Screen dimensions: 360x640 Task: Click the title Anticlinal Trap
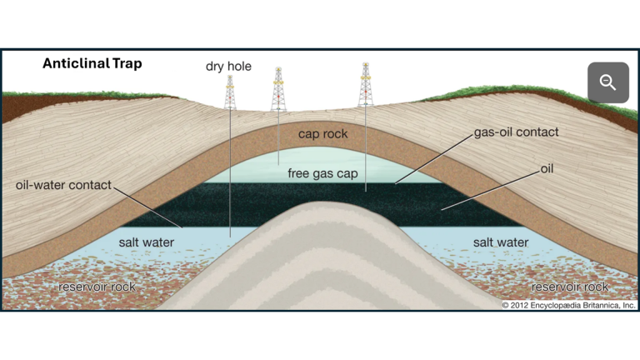click(x=92, y=63)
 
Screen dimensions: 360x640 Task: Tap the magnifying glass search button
click(x=607, y=82)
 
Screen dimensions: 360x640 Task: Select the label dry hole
click(x=228, y=67)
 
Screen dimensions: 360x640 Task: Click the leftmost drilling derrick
click(x=230, y=92)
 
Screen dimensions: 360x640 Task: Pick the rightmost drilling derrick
click(x=365, y=85)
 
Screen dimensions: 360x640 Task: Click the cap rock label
click(x=322, y=133)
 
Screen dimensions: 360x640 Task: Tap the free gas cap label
click(x=322, y=173)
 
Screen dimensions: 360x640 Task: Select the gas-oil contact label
click(x=516, y=132)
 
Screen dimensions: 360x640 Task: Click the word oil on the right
click(x=547, y=169)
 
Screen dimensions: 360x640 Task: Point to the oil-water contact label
click(x=63, y=184)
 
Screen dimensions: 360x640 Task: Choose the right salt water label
click(x=500, y=242)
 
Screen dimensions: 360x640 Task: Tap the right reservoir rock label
click(x=569, y=287)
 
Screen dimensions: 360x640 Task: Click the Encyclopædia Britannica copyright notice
click(x=568, y=306)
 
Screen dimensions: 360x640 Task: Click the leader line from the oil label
click(x=492, y=188)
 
